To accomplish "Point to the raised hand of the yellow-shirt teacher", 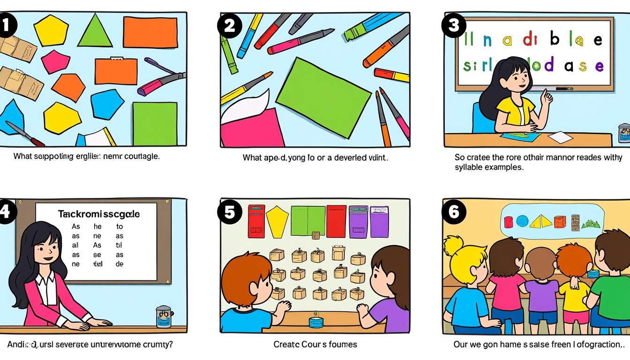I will click(x=546, y=97).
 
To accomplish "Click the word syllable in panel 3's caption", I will click(x=467, y=167).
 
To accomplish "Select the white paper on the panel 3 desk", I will click(x=560, y=137).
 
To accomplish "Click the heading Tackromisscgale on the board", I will click(x=98, y=214).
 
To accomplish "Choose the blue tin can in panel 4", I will click(x=163, y=316).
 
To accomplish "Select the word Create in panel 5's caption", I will click(x=286, y=345).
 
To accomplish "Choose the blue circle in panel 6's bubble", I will click(x=522, y=221).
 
